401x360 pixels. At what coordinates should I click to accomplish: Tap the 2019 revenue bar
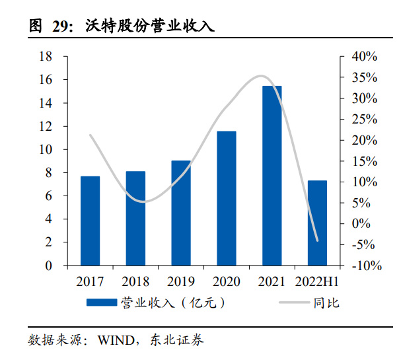pos(181,213)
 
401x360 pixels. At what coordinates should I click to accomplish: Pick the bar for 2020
pos(226,198)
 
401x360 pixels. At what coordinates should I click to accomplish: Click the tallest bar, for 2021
pos(272,176)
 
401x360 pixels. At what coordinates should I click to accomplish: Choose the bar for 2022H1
pos(317,223)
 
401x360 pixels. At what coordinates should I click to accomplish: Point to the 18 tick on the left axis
pos(47,57)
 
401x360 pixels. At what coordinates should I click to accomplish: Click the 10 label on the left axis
pos(47,150)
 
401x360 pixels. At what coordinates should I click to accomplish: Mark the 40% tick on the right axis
pos(363,57)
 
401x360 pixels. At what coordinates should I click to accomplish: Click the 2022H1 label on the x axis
pos(317,282)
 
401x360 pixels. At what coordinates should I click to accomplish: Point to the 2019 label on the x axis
pos(181,282)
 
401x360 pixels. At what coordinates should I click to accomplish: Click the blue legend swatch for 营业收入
pos(102,303)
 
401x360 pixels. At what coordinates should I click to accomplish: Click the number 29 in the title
pos(62,26)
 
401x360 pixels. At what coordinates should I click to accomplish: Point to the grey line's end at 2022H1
pos(317,240)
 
